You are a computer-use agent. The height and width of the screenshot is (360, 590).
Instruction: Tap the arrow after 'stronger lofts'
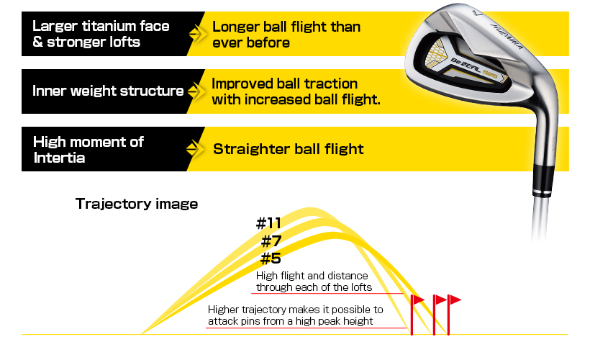(198, 34)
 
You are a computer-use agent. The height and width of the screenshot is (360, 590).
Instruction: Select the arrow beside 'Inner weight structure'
(196, 91)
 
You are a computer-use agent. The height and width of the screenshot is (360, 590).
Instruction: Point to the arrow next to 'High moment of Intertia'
(195, 149)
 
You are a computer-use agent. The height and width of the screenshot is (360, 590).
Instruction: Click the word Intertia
(59, 158)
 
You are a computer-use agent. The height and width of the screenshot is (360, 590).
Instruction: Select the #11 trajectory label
(268, 223)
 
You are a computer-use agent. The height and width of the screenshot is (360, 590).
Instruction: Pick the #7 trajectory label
(271, 240)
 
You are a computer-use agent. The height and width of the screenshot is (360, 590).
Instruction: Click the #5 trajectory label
(271, 258)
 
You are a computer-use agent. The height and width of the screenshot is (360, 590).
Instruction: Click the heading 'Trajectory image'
(137, 204)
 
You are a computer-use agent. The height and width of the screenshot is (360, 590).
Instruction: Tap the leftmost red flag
(416, 315)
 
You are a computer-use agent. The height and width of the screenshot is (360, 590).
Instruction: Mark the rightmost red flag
(453, 315)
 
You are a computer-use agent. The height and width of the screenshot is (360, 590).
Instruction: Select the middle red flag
(438, 315)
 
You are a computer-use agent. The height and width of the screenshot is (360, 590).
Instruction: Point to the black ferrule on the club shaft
(543, 180)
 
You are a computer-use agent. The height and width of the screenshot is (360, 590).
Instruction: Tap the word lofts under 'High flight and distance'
(360, 287)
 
